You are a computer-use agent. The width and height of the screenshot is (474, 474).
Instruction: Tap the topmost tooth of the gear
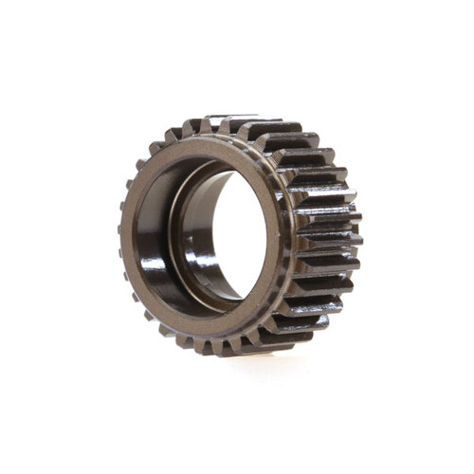232,123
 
